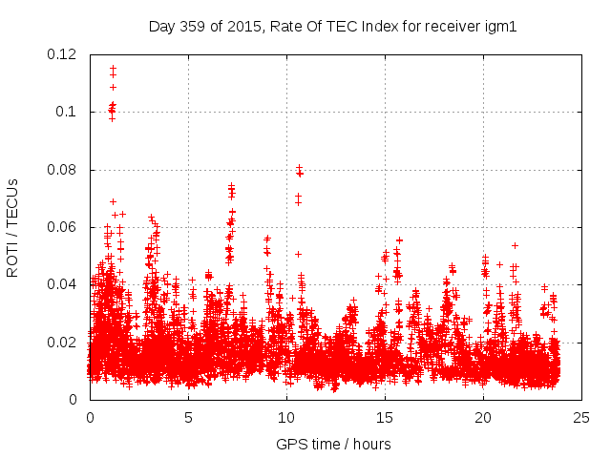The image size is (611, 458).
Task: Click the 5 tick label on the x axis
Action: (x=188, y=417)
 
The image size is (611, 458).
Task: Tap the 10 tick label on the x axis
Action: (x=286, y=417)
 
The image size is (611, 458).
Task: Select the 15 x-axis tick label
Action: (x=385, y=417)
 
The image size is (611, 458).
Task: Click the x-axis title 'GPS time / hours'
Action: (x=333, y=444)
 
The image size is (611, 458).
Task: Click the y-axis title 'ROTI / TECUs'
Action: (x=13, y=227)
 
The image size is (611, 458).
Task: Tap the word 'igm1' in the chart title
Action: (x=500, y=26)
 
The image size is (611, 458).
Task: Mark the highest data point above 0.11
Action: (x=113, y=69)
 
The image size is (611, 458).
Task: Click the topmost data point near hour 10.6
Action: (x=299, y=168)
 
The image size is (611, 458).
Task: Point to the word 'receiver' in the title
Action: (x=453, y=26)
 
